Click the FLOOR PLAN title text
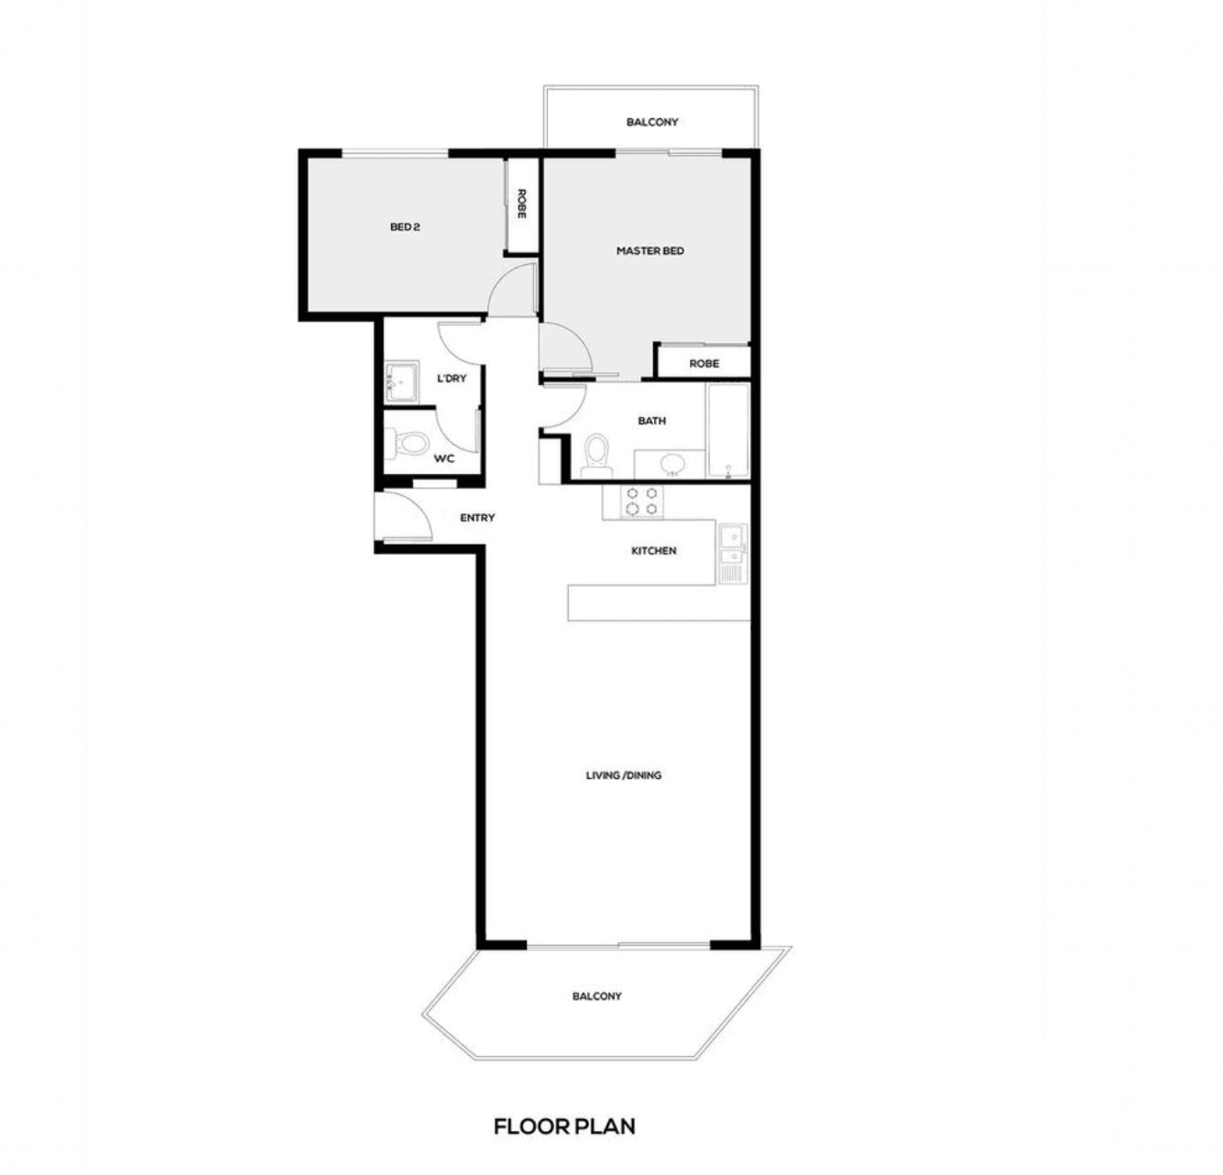(x=564, y=1126)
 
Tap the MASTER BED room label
(x=650, y=251)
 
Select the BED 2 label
(x=405, y=227)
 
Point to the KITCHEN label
(x=653, y=551)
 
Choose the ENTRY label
(x=477, y=518)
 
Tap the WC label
(x=443, y=459)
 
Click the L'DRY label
(x=452, y=379)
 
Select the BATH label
(x=651, y=422)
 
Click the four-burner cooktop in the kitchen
(x=641, y=501)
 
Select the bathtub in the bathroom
(x=728, y=432)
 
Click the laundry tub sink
(x=401, y=381)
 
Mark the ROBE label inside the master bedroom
(x=704, y=363)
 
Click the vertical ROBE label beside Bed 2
(x=521, y=204)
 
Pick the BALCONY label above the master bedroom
(x=652, y=122)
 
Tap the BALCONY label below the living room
(x=597, y=996)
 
